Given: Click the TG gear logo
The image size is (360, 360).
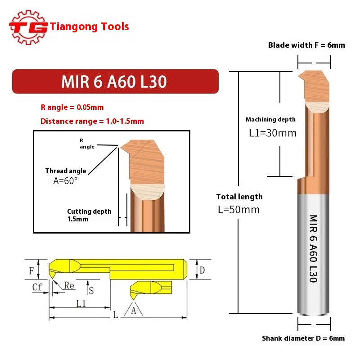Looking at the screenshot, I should tap(28, 27).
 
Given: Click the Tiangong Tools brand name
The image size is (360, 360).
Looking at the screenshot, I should tap(90, 27).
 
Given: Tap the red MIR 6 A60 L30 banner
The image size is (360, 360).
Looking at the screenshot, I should tap(115, 81).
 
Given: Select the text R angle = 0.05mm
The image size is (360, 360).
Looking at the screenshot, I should tap(72, 108).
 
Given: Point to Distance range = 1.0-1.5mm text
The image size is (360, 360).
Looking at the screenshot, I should tap(92, 121).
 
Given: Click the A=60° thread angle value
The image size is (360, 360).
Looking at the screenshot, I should tap(65, 180).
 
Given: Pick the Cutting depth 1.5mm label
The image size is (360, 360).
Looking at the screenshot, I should tap(89, 215).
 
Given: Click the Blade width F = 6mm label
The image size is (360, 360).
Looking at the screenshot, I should tap(306, 45).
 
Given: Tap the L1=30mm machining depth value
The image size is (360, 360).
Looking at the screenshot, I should tap(273, 133).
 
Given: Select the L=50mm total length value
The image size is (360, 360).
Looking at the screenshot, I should tap(238, 210).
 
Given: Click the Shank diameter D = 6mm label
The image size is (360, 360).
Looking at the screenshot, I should tap(303, 338).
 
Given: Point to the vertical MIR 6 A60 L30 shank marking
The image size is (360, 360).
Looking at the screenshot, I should tap(313, 248).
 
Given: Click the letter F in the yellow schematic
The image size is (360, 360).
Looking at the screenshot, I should tap(31, 270).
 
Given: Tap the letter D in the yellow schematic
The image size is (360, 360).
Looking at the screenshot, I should tap(202, 270).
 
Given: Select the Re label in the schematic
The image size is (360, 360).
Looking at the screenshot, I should tap(69, 285).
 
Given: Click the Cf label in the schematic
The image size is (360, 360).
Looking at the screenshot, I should tap(37, 286).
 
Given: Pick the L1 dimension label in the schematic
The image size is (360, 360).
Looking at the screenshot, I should tap(81, 303).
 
